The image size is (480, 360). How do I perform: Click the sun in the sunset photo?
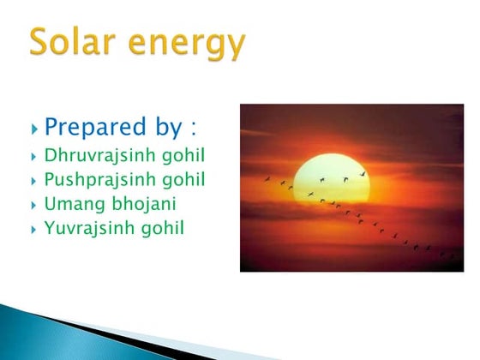pyautogui.click(x=330, y=177)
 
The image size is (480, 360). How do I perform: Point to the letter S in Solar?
pyautogui.click(x=40, y=41)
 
